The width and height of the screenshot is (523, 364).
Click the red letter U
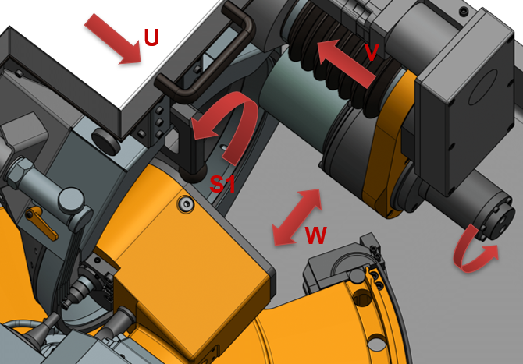click(151, 37)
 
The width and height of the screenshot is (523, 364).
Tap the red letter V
click(372, 52)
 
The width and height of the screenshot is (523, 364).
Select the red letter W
click(315, 235)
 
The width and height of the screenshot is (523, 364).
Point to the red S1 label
click(222, 184)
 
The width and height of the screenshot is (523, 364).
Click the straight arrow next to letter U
click(113, 39)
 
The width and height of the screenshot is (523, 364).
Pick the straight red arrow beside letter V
click(347, 63)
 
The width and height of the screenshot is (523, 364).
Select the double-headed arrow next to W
click(297, 217)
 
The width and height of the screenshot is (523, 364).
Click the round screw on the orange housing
click(187, 203)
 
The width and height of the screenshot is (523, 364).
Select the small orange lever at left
click(43, 222)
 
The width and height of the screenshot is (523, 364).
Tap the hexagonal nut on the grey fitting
click(20, 170)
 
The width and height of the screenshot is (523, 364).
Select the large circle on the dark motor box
click(483, 87)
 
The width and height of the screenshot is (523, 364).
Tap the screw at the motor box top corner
click(464, 12)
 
